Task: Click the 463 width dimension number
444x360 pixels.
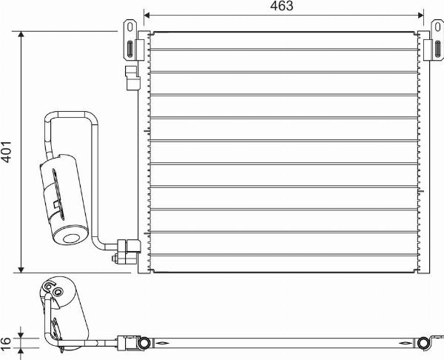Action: [x=282, y=7]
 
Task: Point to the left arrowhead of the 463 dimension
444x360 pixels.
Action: [x=147, y=14]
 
